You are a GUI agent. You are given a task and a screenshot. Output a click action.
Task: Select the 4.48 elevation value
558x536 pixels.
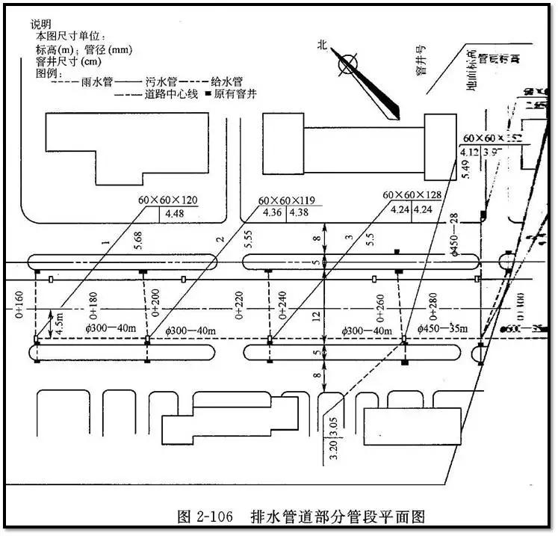[174, 213]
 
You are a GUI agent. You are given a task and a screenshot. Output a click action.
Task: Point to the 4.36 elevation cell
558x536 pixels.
[271, 213]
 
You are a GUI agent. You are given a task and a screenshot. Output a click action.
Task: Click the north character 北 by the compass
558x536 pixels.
[323, 46]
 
